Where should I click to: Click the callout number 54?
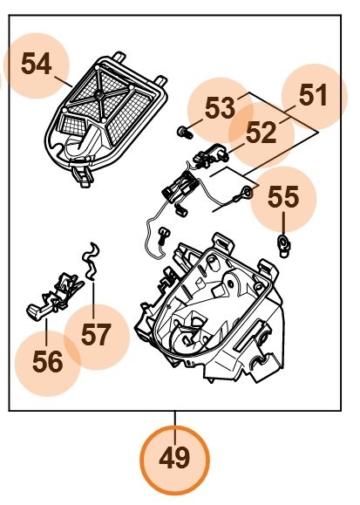click(36, 65)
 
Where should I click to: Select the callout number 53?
click(220, 109)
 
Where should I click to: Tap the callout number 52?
click(261, 133)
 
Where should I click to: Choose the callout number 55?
click(282, 197)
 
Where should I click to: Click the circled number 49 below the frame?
click(175, 457)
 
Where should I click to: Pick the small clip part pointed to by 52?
click(209, 157)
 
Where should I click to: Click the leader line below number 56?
click(46, 327)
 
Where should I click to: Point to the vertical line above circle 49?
click(175, 417)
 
